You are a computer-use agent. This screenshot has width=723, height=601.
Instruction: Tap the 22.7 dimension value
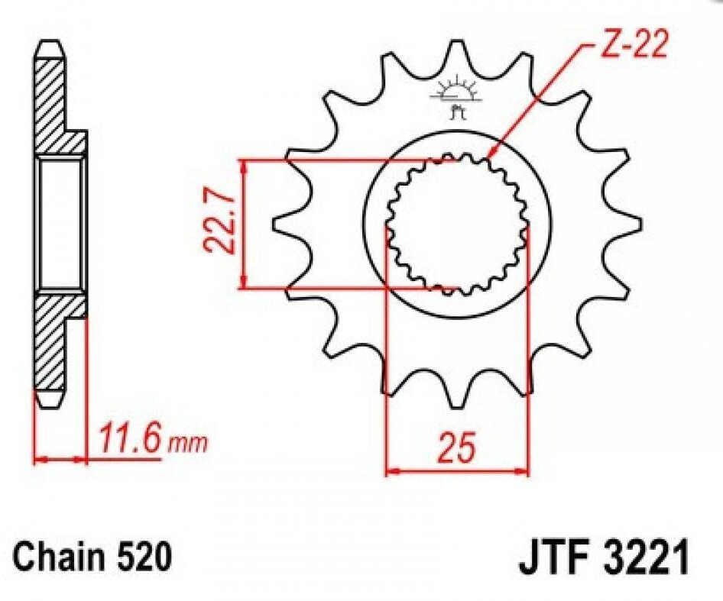[x=219, y=225]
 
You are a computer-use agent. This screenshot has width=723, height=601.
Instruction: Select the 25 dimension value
[x=456, y=447]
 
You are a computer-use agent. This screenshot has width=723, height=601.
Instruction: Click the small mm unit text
[x=188, y=444]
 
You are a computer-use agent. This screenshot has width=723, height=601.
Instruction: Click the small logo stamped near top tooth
[x=456, y=98]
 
